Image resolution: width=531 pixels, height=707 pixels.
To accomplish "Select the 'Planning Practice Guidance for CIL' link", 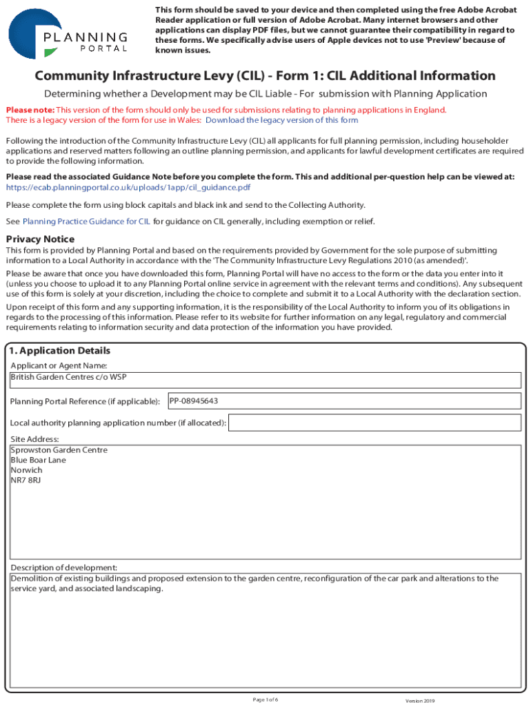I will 86,222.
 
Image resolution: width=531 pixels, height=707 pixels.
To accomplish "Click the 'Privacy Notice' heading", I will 40,239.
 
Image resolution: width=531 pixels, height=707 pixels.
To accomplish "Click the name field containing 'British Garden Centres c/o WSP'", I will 265,380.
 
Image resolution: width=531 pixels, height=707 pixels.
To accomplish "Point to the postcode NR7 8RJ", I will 26,480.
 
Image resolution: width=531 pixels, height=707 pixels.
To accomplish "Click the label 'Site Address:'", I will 34,439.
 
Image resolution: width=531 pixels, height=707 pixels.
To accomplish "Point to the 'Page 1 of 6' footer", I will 265,699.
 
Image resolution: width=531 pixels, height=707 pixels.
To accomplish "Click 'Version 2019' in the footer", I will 420,700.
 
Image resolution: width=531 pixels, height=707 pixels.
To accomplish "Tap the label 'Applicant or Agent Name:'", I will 59,365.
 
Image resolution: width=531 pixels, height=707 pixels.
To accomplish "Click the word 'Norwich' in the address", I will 26,470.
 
